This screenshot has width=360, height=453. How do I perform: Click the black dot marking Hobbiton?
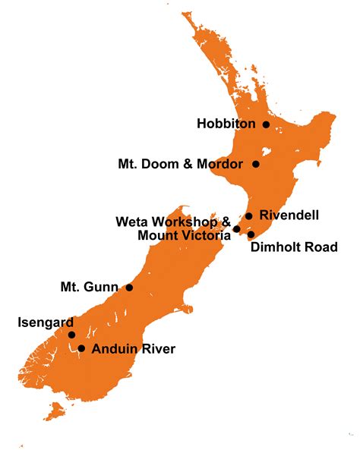(x=266, y=124)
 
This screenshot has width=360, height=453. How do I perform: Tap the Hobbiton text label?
(x=226, y=124)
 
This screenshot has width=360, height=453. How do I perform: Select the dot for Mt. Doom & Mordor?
(x=256, y=164)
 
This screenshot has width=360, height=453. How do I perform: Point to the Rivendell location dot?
(x=248, y=216)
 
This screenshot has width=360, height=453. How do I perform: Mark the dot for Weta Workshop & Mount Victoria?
(x=237, y=228)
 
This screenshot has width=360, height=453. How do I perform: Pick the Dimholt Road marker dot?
(x=251, y=234)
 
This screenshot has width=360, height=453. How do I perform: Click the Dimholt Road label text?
(x=292, y=247)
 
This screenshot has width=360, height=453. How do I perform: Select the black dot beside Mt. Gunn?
(x=129, y=288)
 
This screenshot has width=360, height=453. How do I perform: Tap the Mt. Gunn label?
(x=89, y=288)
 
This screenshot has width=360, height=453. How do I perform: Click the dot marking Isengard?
(x=71, y=335)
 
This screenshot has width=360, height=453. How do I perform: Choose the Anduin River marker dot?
(x=81, y=349)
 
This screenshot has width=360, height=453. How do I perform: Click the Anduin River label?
(x=133, y=349)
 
